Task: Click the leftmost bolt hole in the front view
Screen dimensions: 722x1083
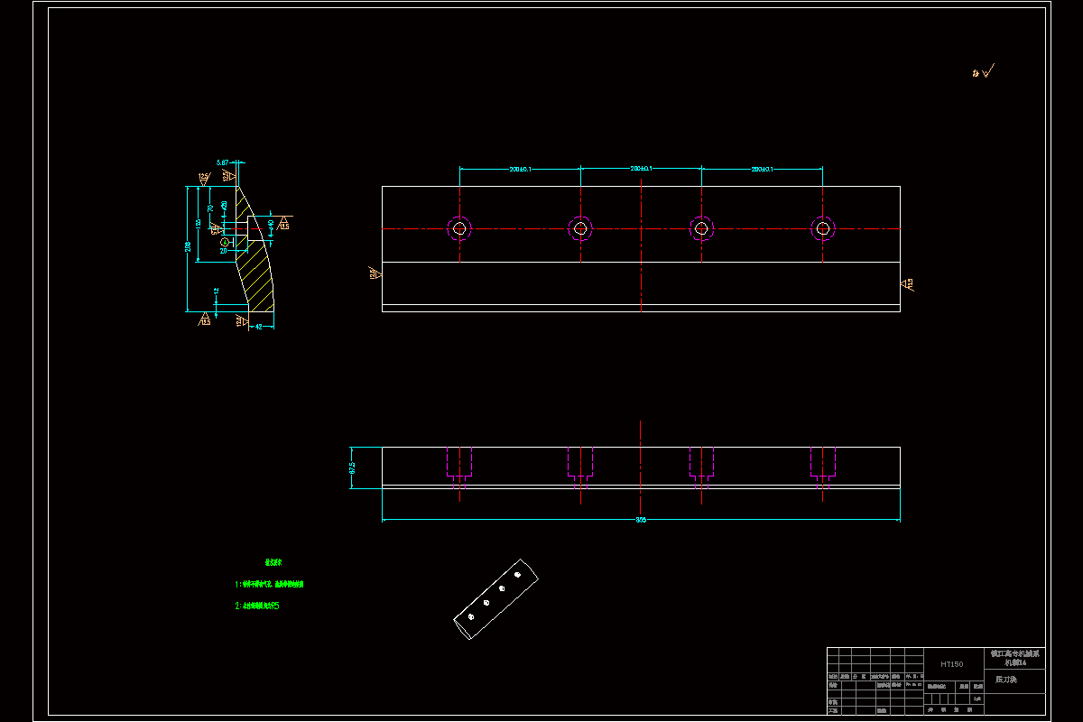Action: [459, 228]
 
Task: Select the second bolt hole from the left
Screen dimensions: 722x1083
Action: [580, 228]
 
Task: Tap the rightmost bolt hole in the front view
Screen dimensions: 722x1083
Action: [822, 228]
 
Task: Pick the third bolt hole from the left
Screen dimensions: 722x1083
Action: [701, 228]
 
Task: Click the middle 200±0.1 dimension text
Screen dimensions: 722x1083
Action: [641, 169]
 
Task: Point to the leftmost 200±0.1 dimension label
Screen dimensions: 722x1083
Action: [520, 169]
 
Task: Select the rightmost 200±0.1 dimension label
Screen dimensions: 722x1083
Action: [763, 169]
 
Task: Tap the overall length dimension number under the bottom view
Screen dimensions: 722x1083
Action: [641, 520]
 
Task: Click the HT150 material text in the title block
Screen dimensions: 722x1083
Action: [951, 664]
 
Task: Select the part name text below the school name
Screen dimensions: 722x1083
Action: [1005, 679]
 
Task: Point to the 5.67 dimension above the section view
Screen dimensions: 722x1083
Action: [222, 162]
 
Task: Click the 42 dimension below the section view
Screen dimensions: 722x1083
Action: [259, 327]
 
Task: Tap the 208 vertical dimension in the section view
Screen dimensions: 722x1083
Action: [188, 246]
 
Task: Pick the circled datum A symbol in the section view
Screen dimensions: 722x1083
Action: [224, 241]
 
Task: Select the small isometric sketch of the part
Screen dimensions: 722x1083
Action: [495, 599]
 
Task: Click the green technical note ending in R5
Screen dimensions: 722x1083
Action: [257, 606]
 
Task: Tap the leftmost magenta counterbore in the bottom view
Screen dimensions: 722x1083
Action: [459, 464]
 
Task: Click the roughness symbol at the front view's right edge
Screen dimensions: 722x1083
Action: [908, 284]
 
